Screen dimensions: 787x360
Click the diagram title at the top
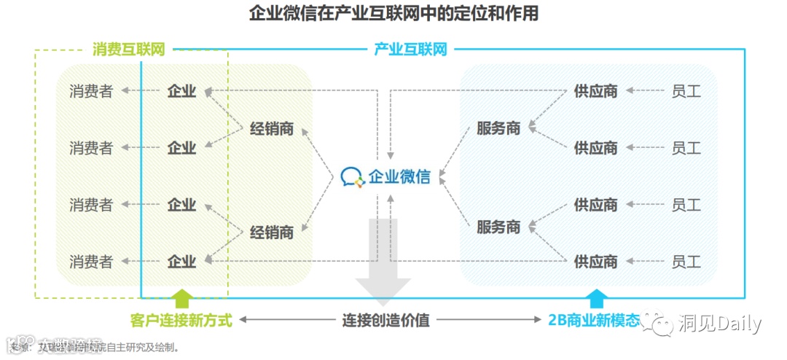[x=393, y=13]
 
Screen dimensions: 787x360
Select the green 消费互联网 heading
[x=128, y=50]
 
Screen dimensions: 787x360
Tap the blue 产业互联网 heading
[x=410, y=50]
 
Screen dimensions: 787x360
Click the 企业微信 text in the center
[x=399, y=176]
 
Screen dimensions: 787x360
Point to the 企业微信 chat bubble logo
[x=352, y=176]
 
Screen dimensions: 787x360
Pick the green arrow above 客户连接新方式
[x=181, y=298]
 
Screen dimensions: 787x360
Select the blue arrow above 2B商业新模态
[x=597, y=298]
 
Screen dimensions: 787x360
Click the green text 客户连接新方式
[x=181, y=320]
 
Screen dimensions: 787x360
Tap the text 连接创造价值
[x=386, y=320]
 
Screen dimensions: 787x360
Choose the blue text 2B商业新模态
[x=594, y=320]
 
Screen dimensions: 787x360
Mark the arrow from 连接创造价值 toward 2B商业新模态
[x=492, y=320]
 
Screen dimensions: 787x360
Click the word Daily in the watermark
[x=738, y=324]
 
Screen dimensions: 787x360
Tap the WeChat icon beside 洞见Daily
[x=662, y=324]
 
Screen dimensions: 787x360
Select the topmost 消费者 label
[x=91, y=92]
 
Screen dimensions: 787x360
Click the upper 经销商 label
[x=272, y=129]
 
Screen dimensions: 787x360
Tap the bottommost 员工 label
[x=686, y=260]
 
